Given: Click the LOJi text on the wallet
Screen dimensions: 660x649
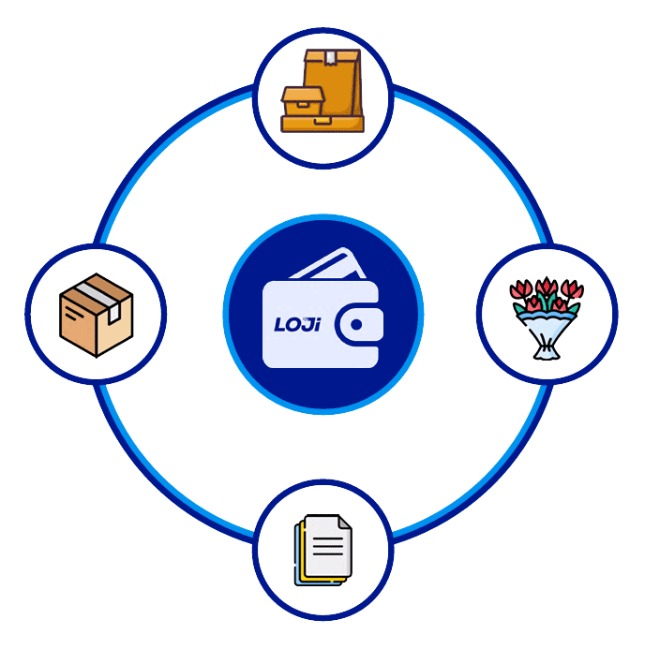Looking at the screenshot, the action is (297, 324).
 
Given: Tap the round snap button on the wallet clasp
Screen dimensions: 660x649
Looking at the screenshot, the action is (356, 325).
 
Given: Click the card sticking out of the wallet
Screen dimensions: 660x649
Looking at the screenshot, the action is (328, 264).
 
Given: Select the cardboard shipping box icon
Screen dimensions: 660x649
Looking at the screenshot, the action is (97, 315).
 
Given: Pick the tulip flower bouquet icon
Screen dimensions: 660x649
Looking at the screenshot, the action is (547, 318).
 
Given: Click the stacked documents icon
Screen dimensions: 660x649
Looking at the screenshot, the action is (322, 550).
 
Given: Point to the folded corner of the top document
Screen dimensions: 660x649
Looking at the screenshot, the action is (345, 522).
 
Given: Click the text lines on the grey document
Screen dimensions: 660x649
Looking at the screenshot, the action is (327, 546).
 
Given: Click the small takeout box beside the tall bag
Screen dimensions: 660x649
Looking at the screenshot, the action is (303, 101).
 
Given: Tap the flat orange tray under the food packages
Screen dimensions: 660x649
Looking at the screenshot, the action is (322, 124).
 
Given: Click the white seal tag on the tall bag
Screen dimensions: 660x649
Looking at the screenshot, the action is (331, 58).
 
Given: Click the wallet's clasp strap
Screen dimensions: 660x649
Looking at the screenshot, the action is (359, 325).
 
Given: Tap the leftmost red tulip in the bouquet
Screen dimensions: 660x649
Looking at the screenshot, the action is (520, 289).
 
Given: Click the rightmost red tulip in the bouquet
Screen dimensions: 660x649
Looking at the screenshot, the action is (573, 289).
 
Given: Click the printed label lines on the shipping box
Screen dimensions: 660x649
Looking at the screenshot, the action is (73, 313).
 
